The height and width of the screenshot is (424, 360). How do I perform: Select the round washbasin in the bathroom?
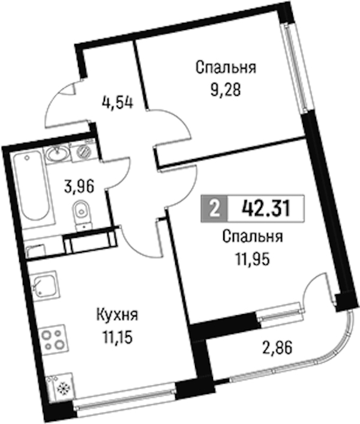(57, 154)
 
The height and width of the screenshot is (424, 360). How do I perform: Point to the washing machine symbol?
(83, 152)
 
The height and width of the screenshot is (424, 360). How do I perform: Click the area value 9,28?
(226, 91)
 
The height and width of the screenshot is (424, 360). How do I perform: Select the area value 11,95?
(253, 260)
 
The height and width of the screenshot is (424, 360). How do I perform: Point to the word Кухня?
(118, 315)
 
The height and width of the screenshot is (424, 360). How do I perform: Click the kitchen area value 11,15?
(117, 338)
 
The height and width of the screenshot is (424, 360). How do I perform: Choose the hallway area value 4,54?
(118, 103)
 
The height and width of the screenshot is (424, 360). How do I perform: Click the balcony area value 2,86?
(277, 348)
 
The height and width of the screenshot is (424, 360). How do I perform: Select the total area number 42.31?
(266, 208)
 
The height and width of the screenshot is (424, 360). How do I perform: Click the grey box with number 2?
(214, 208)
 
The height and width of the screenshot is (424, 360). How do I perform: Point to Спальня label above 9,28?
(226, 68)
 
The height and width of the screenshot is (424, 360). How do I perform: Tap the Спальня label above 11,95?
(253, 237)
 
